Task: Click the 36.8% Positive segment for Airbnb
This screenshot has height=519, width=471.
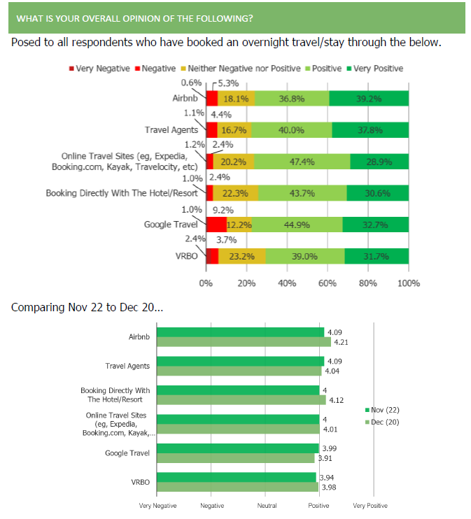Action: [292, 99]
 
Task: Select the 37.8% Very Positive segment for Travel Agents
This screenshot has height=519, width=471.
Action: [370, 130]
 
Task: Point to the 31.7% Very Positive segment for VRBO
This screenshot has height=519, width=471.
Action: [377, 257]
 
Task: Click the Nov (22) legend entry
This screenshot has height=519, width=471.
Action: [384, 410]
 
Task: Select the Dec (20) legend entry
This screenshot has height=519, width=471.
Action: [384, 422]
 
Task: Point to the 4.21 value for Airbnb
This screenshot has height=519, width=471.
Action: [342, 343]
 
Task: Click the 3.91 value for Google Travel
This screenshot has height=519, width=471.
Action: [325, 459]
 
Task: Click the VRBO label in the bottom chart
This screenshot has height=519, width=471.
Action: [140, 482]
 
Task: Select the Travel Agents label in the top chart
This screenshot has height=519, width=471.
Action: [171, 130]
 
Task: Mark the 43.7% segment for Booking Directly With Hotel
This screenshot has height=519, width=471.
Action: [302, 194]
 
